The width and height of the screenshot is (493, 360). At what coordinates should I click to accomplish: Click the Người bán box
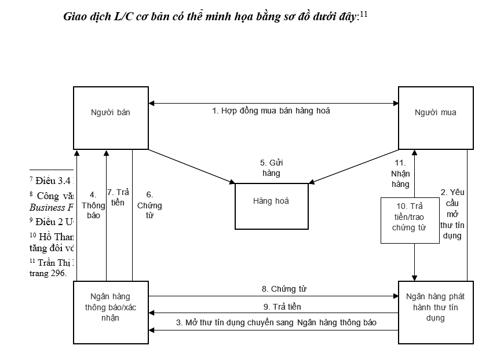point(110,117)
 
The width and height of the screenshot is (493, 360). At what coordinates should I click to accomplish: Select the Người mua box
point(435,117)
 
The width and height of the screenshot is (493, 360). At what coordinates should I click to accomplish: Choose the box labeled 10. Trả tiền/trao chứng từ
point(409,220)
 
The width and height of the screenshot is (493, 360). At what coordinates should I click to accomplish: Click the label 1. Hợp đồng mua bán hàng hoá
point(271,111)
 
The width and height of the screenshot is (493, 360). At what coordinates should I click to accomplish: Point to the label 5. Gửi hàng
point(271,167)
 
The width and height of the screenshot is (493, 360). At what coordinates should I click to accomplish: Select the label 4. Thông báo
point(93,204)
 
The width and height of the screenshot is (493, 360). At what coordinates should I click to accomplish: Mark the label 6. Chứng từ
point(149,205)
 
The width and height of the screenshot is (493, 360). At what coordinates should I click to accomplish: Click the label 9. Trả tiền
point(282,307)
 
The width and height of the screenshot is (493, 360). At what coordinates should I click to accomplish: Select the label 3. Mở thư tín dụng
point(276,322)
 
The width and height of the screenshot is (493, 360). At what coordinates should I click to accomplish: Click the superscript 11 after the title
point(364,14)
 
